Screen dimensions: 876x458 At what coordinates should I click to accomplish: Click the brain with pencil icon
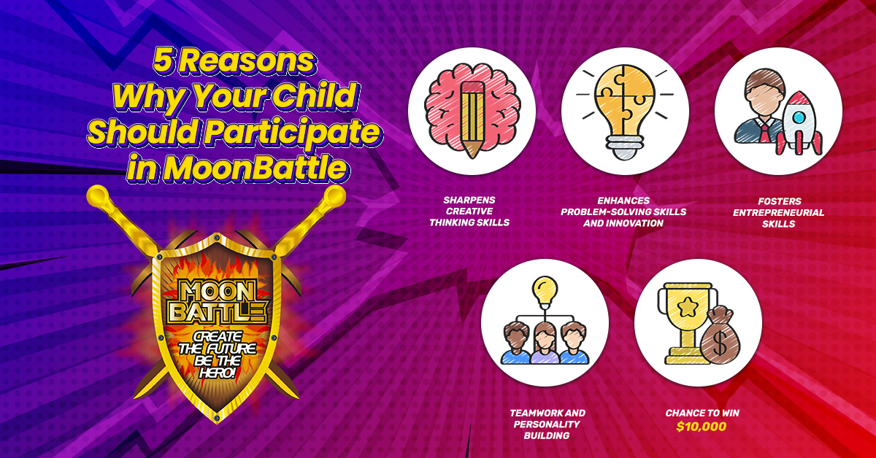click(472, 111)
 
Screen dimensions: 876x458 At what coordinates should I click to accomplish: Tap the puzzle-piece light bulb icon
click(625, 112)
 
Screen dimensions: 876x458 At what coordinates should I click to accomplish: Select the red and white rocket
click(799, 123)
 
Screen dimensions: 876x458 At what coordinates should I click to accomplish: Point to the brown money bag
click(721, 335)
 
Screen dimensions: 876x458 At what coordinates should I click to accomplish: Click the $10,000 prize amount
click(702, 427)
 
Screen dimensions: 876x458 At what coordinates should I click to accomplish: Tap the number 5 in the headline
click(163, 61)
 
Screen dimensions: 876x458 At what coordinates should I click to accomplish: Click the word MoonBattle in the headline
click(255, 168)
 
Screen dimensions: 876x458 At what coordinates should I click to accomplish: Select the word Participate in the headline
click(292, 132)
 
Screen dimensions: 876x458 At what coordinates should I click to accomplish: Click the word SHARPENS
click(469, 200)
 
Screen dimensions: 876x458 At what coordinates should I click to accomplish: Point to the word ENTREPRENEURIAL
click(778, 212)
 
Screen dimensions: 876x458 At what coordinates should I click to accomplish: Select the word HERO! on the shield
click(218, 373)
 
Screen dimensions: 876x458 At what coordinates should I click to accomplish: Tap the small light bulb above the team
click(545, 292)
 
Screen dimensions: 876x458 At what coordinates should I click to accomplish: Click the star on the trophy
click(687, 307)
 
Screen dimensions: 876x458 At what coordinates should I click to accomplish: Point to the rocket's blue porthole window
click(799, 117)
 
